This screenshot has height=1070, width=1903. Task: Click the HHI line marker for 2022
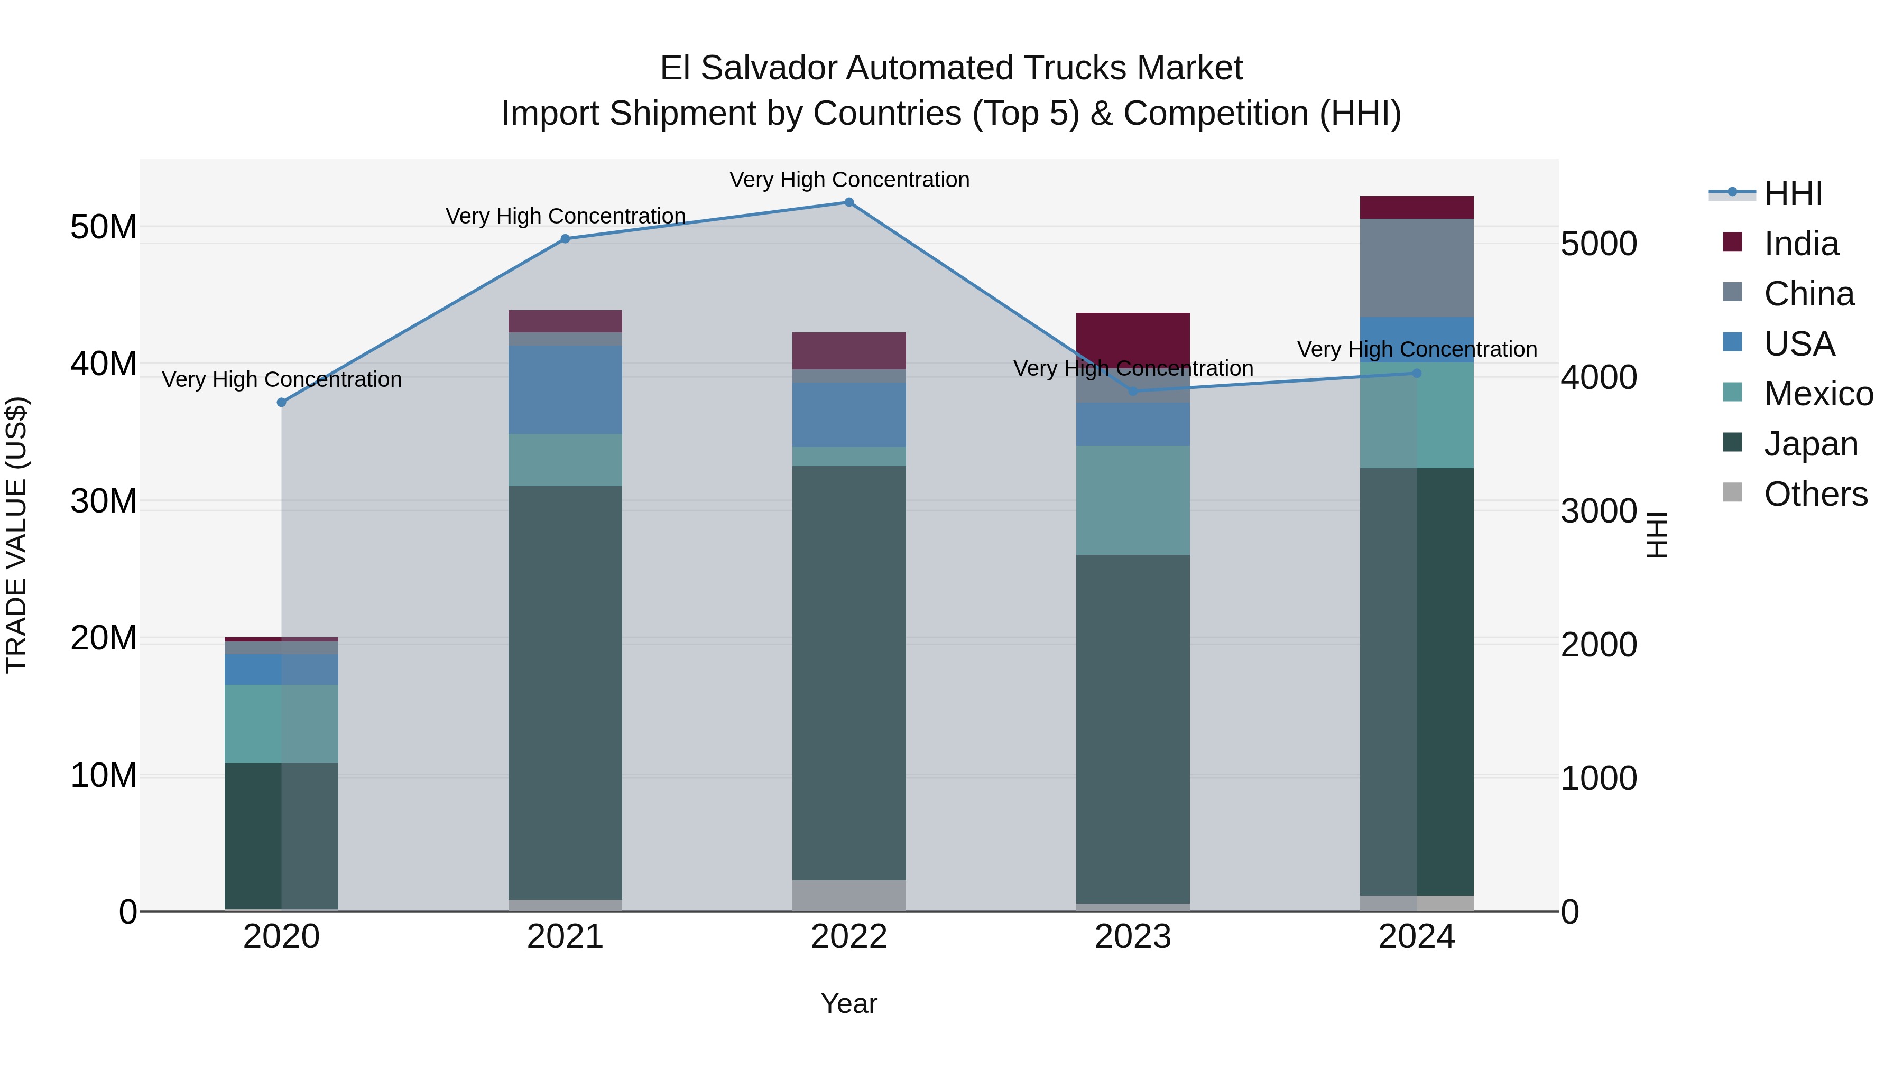point(849,202)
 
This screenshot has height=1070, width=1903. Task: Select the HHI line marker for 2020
point(281,403)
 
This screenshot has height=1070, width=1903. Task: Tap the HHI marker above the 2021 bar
point(565,238)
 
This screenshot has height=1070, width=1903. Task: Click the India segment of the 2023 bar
point(1132,338)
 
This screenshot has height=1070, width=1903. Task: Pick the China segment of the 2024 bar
point(1416,267)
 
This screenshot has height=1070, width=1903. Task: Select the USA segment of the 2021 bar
point(565,390)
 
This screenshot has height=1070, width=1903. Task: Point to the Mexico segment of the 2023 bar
point(1132,500)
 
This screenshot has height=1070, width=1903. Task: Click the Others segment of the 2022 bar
point(849,895)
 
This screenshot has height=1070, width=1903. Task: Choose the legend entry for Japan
point(1810,444)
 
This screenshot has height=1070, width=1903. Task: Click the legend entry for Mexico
point(1818,394)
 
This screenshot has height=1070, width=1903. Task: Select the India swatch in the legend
point(1732,242)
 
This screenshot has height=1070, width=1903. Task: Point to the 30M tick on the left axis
point(104,501)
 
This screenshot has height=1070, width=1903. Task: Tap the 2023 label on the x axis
point(1132,937)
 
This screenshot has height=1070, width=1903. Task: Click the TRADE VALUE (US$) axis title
point(16,535)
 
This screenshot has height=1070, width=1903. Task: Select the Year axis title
point(849,1003)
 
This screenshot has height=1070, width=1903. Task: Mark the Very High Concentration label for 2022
point(849,180)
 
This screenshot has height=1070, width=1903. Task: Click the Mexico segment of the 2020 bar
point(281,724)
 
